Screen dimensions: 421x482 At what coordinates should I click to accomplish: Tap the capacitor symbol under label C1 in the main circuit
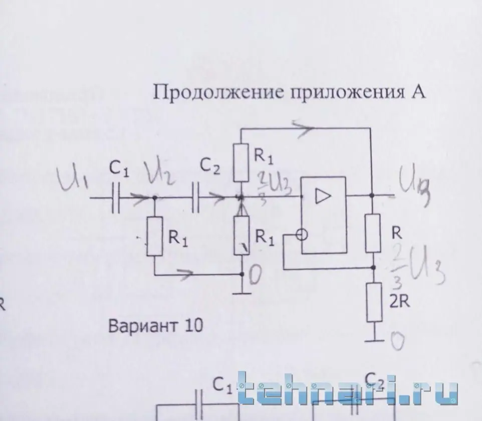click(x=117, y=198)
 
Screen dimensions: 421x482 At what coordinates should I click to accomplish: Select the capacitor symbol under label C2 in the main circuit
click(x=196, y=198)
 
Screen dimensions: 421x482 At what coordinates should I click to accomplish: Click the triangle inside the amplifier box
click(x=320, y=197)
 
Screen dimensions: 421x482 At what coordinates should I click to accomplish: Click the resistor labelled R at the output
click(x=374, y=231)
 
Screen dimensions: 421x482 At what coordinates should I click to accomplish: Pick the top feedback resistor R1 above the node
click(x=242, y=161)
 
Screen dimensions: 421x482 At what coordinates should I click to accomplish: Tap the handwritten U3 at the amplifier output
click(x=414, y=191)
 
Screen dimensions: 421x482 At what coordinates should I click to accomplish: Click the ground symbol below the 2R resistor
click(x=374, y=341)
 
